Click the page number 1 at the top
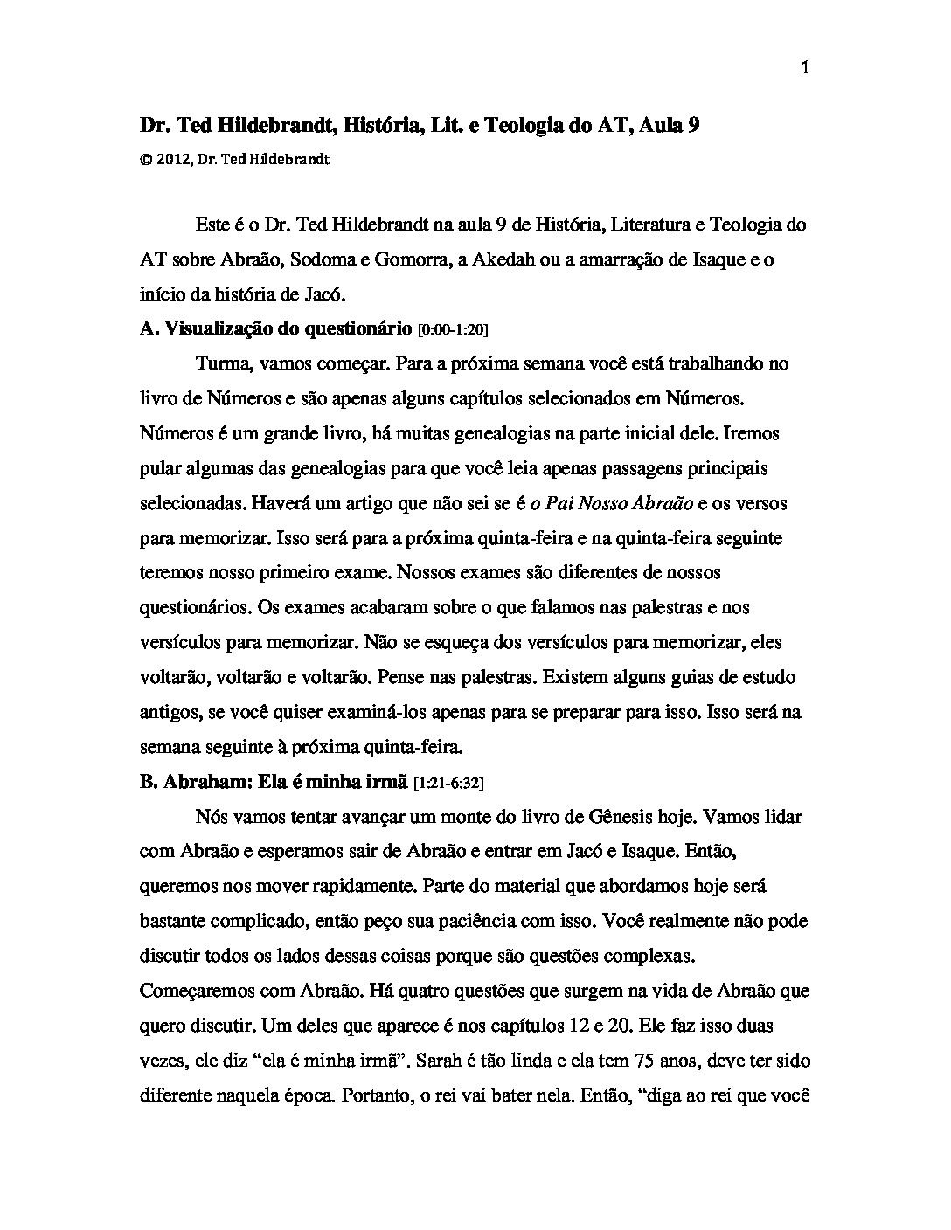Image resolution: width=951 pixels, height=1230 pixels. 805,69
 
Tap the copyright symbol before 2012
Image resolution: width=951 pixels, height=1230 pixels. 145,160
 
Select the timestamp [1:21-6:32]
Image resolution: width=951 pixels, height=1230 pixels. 448,784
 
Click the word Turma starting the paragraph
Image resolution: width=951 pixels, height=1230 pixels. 221,363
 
